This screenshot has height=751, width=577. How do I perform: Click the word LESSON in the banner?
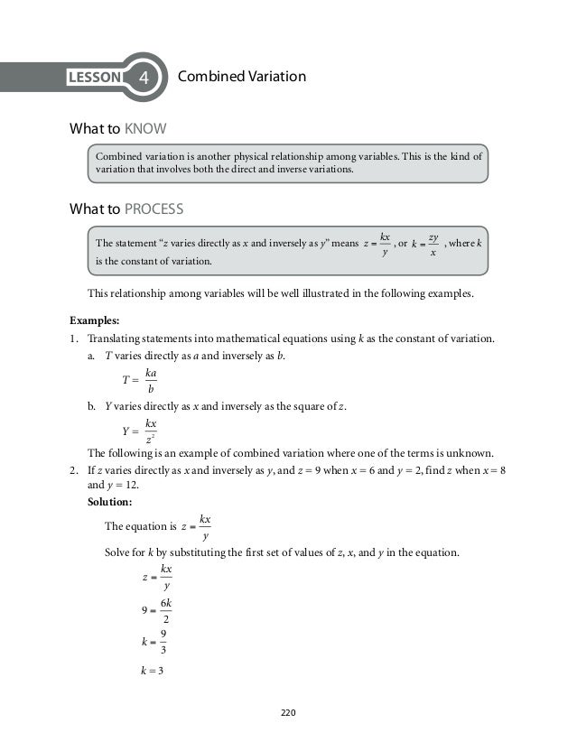[x=94, y=79]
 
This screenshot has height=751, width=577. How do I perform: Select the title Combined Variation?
[x=243, y=78]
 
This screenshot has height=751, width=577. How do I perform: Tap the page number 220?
[x=288, y=713]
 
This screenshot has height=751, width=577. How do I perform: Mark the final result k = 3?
[x=144, y=669]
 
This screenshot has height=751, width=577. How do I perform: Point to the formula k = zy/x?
[x=423, y=245]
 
